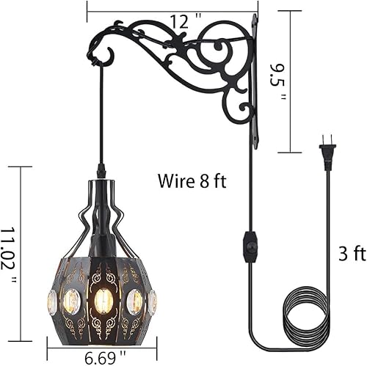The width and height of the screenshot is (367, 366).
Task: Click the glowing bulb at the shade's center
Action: coord(103,300)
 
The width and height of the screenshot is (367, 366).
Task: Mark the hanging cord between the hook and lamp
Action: coord(101,117)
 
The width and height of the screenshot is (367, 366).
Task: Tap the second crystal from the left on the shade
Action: coord(72,300)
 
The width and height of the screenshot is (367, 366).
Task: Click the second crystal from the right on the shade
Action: coord(136,301)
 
